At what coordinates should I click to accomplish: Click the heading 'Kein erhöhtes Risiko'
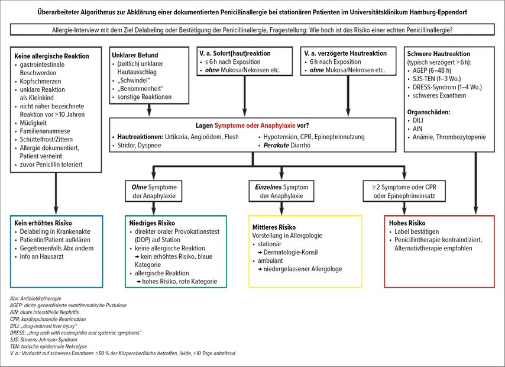click(43, 223)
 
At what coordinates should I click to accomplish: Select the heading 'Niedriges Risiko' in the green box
click(152, 223)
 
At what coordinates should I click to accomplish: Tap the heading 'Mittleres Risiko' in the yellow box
click(274, 227)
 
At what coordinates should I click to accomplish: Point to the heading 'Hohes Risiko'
click(407, 223)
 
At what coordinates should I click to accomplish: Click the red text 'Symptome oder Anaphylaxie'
click(255, 125)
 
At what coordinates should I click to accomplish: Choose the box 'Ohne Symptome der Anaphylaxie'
click(154, 191)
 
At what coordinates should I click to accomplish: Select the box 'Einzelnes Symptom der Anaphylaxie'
click(281, 191)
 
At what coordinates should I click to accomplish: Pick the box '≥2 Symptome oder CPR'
click(404, 191)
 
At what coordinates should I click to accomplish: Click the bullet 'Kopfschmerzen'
click(40, 81)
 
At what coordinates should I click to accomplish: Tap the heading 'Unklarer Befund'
click(135, 55)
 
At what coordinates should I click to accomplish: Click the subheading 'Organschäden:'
click(429, 112)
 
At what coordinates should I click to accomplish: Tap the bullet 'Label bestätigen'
click(414, 231)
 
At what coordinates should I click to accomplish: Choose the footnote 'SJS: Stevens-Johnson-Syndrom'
click(44, 340)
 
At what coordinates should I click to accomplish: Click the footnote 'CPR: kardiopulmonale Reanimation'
click(48, 319)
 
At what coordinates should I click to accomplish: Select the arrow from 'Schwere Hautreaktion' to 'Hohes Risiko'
click(476, 183)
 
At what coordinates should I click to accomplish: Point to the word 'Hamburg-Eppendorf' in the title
click(438, 12)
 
